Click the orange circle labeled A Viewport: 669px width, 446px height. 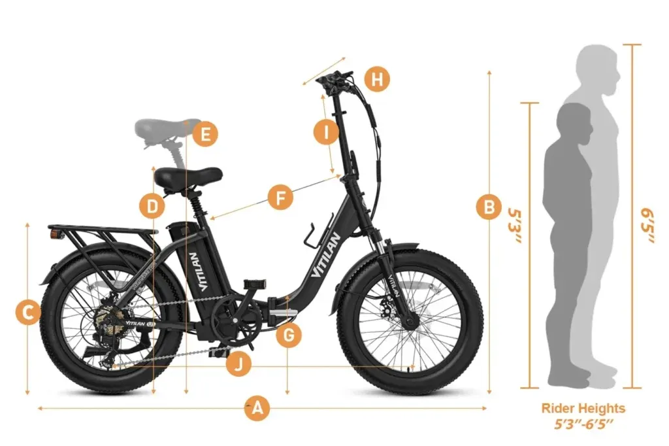tap(257, 409)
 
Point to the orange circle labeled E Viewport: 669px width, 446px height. tap(205, 135)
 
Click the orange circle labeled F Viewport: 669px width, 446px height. tap(280, 197)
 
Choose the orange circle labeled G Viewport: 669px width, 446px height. tap(289, 336)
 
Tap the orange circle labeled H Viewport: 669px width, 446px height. tap(376, 80)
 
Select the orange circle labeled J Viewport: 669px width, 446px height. tap(239, 364)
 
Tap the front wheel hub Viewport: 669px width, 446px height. tap(410, 322)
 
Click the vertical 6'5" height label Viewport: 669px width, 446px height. tap(649, 226)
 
